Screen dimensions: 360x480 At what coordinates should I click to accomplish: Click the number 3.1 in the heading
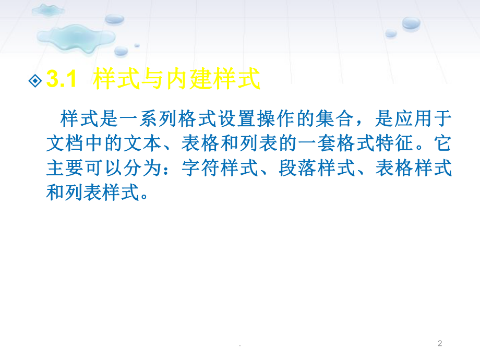coord(62,80)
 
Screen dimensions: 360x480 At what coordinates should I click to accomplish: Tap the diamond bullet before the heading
coord(35,81)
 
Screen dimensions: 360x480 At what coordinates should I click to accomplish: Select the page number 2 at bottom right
coord(440,343)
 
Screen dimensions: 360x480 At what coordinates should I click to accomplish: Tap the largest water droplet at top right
coord(411,22)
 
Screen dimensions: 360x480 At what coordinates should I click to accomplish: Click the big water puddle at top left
coord(76,37)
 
